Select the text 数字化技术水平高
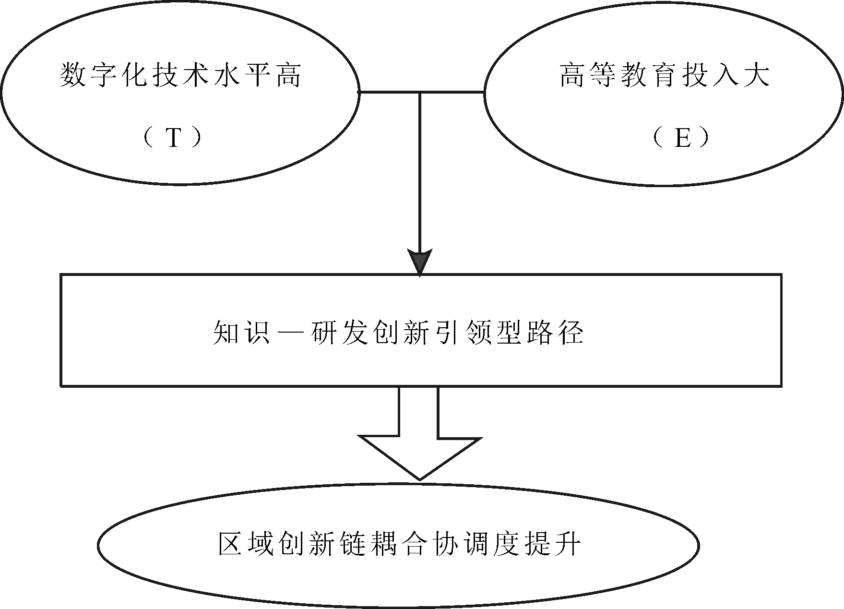180,76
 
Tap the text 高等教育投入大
665,76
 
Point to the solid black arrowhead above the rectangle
420,262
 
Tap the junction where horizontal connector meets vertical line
420,92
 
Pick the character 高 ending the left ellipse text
288,76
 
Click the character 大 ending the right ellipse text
756,76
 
